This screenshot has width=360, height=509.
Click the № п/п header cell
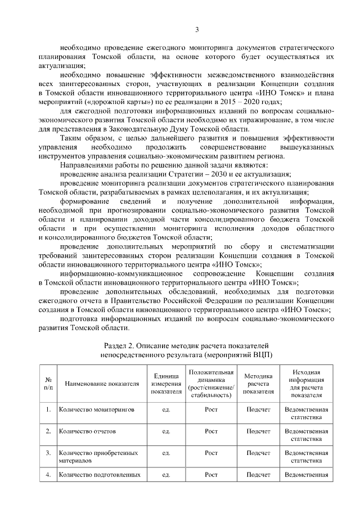(48, 384)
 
